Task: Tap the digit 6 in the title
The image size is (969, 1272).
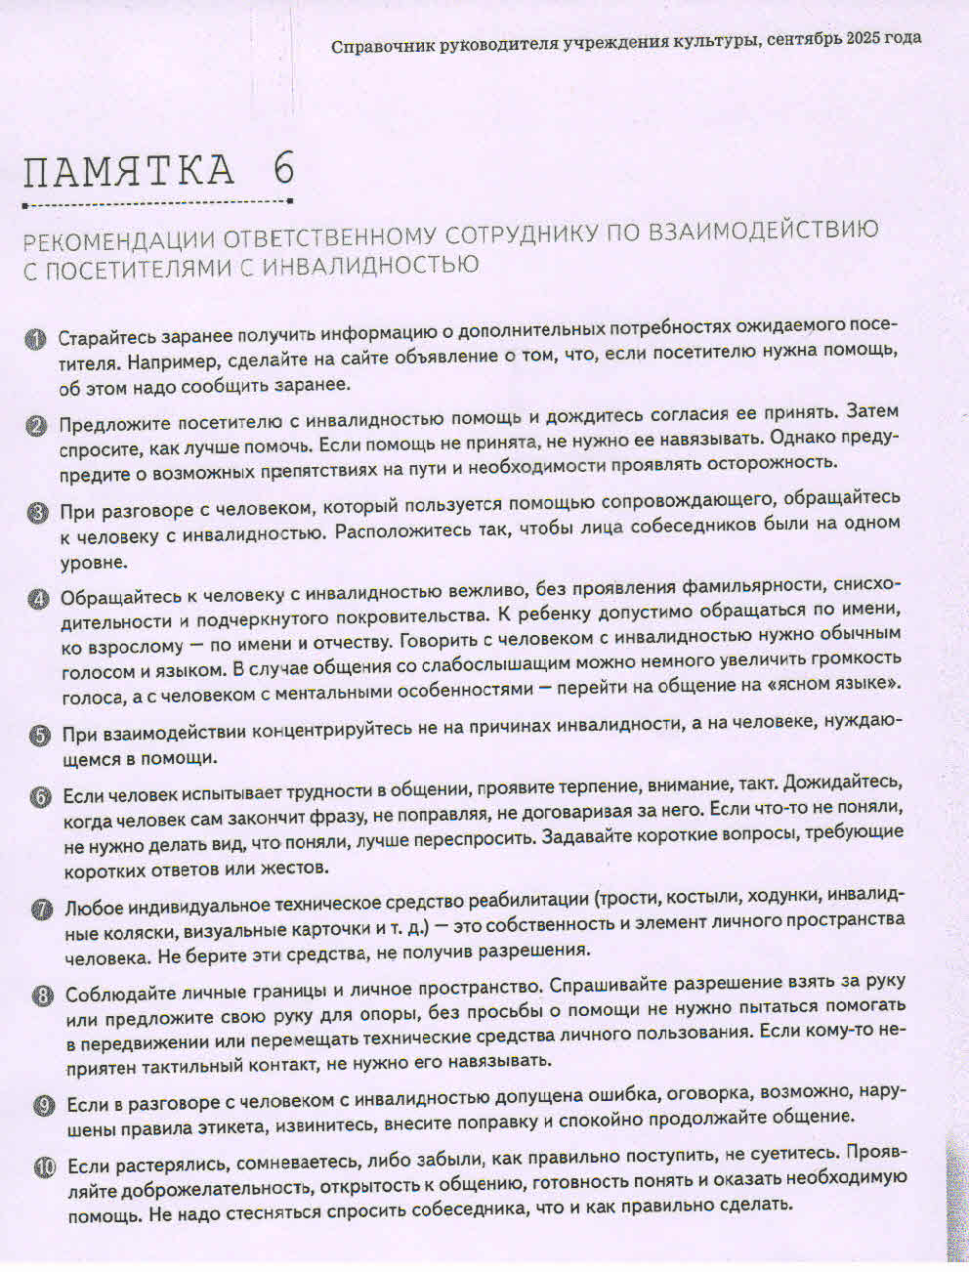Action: point(283,170)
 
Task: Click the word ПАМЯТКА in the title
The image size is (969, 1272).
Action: point(129,172)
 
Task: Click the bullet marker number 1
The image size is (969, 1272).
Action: point(35,339)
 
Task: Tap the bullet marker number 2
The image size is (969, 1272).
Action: point(36,425)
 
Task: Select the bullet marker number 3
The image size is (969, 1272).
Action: point(38,512)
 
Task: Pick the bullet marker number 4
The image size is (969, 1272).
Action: point(39,599)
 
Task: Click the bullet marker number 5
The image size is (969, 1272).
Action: point(40,735)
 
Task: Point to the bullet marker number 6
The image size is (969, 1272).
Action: point(41,796)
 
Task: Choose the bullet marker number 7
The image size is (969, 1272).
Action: point(42,910)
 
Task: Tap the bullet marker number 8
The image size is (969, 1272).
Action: point(43,996)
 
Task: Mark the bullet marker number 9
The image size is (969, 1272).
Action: point(44,1105)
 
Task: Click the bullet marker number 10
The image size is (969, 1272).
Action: point(46,1166)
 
